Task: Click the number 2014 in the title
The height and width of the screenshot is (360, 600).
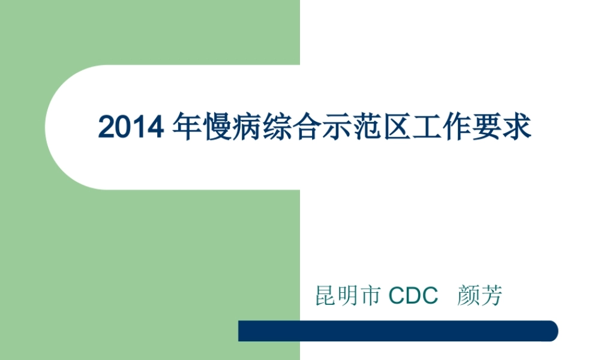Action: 131,127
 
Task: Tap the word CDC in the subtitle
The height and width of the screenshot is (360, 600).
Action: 413,296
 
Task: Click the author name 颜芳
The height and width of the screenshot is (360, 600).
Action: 479,296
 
